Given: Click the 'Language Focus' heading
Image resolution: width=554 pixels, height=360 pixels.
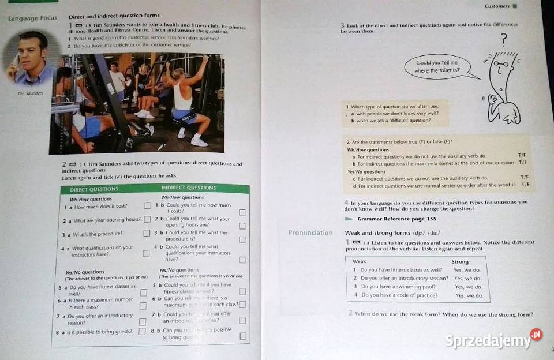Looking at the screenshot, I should [x=32, y=18].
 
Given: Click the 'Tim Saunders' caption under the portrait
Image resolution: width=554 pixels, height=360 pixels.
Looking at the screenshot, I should [x=30, y=93].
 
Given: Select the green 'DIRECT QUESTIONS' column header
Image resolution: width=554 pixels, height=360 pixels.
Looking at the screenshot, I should [x=94, y=189].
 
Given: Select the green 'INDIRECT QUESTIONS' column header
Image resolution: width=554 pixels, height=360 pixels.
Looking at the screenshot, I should [x=189, y=187].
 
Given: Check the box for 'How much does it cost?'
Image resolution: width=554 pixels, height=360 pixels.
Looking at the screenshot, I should [x=148, y=205].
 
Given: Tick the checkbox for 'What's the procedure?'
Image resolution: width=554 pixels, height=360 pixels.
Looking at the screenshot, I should [x=147, y=234].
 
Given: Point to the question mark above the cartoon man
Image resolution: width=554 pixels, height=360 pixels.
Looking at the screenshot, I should [x=504, y=39].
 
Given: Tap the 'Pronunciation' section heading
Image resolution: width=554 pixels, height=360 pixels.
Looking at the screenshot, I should [x=310, y=233].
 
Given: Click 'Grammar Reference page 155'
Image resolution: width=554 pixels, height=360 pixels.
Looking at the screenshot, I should [x=396, y=219].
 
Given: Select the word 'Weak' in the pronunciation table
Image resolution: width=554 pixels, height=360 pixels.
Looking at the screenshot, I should [x=360, y=261].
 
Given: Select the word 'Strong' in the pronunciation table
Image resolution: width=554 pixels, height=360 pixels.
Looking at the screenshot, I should [x=460, y=261].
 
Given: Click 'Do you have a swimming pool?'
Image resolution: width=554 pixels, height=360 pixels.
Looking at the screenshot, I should [x=398, y=287].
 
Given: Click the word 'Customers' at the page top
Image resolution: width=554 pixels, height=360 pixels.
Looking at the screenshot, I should [x=497, y=6].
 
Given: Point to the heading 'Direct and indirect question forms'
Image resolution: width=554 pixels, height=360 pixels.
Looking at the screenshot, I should [x=114, y=16].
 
